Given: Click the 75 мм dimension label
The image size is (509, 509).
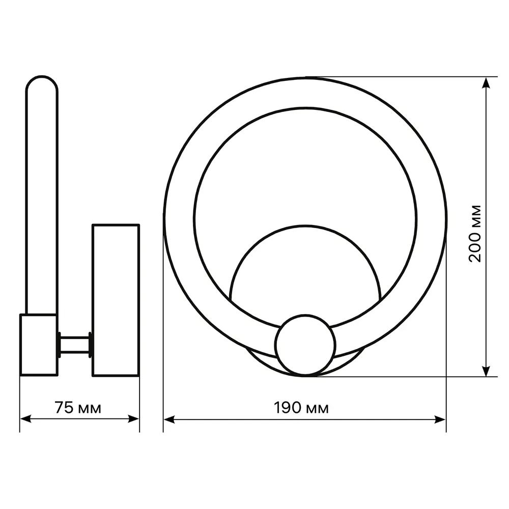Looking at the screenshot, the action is click(x=78, y=408).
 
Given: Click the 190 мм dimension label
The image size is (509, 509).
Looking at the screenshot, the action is click(x=301, y=408).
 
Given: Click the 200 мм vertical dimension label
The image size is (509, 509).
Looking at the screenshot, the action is click(x=475, y=234).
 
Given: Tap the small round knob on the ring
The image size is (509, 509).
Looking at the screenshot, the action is click(x=305, y=345).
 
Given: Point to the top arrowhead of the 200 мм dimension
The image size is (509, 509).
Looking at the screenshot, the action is click(x=486, y=83).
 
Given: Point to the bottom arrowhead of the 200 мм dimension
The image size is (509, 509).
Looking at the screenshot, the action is click(x=486, y=371).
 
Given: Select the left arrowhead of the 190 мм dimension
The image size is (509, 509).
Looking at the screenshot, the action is click(x=169, y=419).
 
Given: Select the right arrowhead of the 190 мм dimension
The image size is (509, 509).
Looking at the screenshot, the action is click(x=440, y=419).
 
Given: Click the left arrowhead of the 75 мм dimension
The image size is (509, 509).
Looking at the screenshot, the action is click(x=25, y=419).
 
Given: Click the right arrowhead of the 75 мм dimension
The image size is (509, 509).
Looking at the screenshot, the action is click(x=133, y=419).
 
